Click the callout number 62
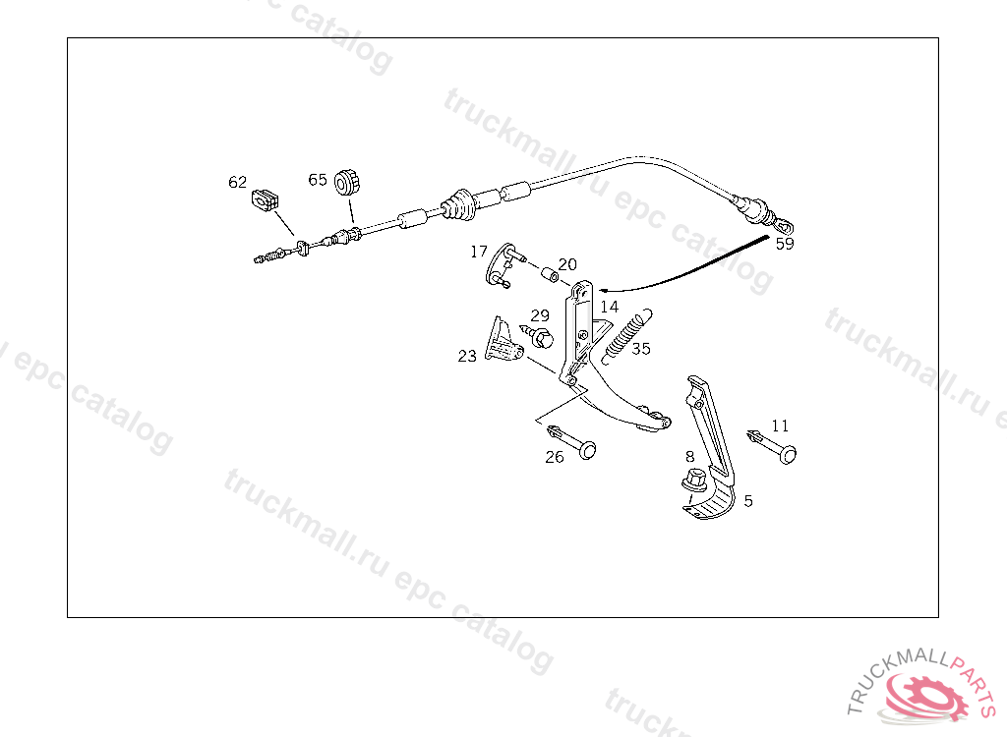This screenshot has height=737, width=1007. coord(238,182)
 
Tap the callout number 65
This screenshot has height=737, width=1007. coord(318,180)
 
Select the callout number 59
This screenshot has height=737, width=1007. coord(784,244)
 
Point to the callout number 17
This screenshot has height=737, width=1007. coord(479,252)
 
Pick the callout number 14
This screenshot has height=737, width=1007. coord(610,307)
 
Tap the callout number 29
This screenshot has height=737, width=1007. coord(540,315)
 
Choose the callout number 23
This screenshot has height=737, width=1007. coord(467,356)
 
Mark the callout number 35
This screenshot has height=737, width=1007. coord(641,348)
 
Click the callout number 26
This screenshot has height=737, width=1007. coord(555,457)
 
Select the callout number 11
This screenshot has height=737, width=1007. coord(780,425)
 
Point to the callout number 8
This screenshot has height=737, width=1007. coord(689,456)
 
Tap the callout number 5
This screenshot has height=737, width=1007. coord(748,500)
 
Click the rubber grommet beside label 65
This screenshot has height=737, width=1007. coord(345,182)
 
